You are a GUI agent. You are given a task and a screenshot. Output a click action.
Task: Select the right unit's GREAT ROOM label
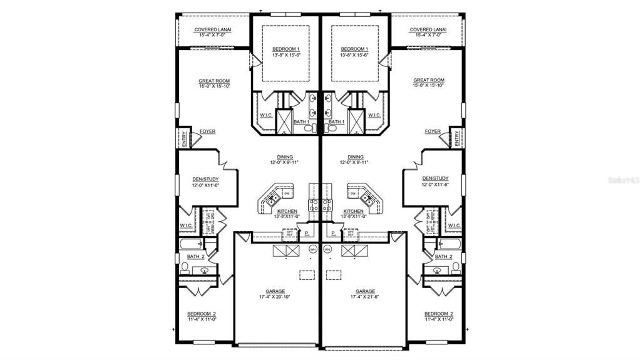pyautogui.click(x=429, y=80)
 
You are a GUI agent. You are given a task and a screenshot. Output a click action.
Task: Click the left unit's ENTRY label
pyautogui.click(x=184, y=138)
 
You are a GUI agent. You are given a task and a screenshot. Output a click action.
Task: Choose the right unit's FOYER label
pyautogui.click(x=433, y=131)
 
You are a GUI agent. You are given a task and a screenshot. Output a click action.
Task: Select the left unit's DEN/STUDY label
pyautogui.click(x=205, y=178)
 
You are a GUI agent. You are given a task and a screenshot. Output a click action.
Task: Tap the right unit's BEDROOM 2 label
pyautogui.click(x=438, y=314)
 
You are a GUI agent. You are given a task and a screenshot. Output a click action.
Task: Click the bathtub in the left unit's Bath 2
pyautogui.click(x=190, y=244)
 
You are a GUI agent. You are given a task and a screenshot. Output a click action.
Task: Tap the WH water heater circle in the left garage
pyautogui.click(x=312, y=249)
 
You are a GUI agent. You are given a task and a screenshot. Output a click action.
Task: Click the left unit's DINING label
pyautogui.click(x=285, y=157)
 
